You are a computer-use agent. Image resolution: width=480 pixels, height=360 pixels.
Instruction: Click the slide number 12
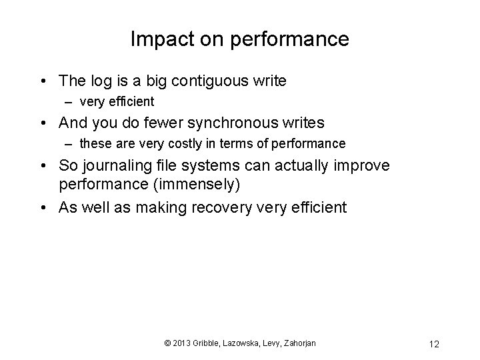click(x=434, y=344)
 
